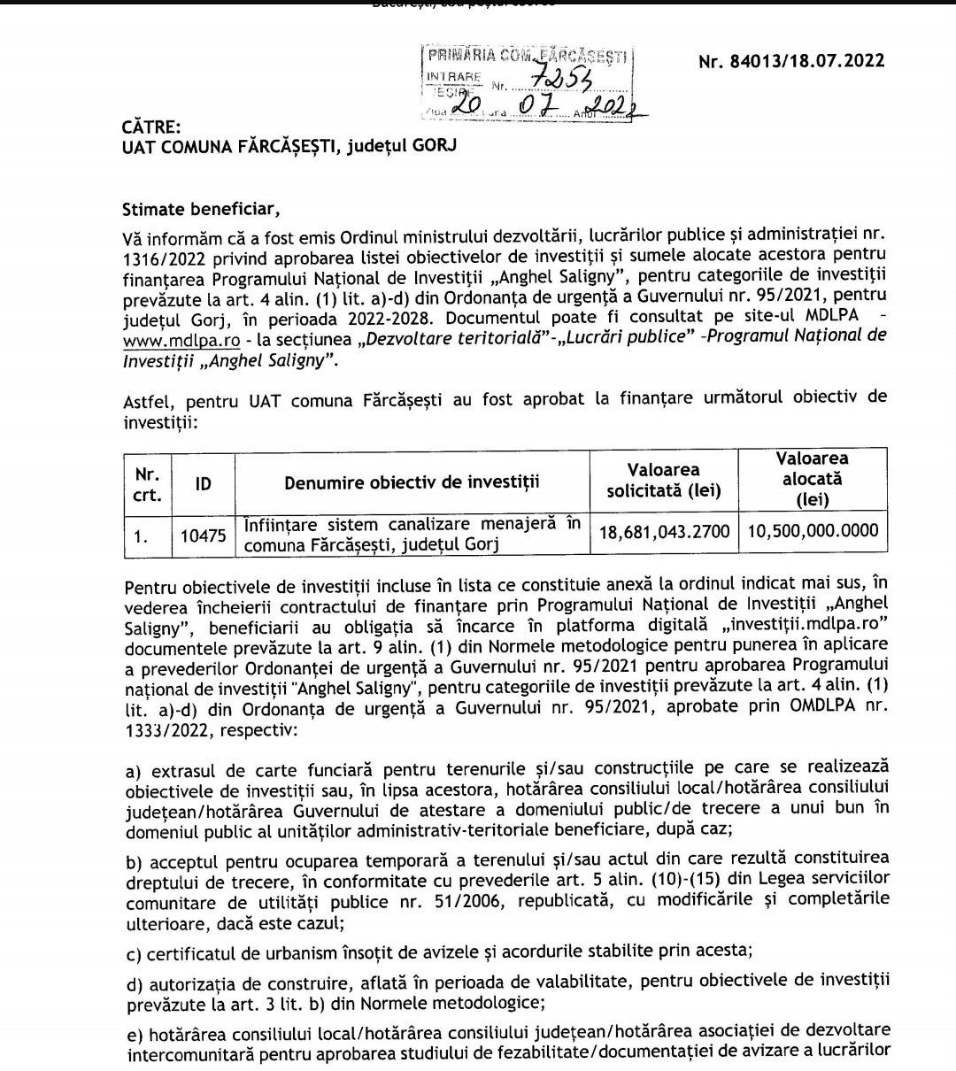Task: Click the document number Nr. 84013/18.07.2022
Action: pyautogui.click(x=790, y=62)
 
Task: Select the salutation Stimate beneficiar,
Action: pyautogui.click(x=200, y=210)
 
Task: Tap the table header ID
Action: pyautogui.click(x=203, y=483)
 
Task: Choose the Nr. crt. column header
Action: pyautogui.click(x=147, y=483)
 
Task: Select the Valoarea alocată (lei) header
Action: pyautogui.click(x=812, y=479)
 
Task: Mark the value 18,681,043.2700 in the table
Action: pyautogui.click(x=664, y=531)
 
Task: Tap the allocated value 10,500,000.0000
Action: pyautogui.click(x=813, y=531)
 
